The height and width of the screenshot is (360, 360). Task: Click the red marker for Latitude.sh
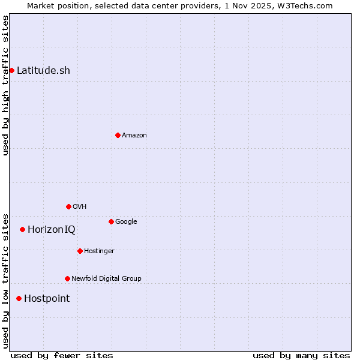tap(11, 70)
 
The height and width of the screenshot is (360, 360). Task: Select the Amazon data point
tap(118, 135)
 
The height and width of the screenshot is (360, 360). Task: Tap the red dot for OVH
tap(68, 206)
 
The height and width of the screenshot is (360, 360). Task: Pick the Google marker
tap(111, 221)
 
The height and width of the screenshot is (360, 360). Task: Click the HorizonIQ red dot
tap(22, 229)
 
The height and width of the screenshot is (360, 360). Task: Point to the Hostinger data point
tap(80, 251)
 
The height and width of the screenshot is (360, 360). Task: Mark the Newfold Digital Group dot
tap(67, 278)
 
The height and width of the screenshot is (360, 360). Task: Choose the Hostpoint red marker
tap(19, 298)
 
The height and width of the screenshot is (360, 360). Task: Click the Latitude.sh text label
tap(43, 70)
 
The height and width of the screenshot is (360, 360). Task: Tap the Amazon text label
tap(134, 135)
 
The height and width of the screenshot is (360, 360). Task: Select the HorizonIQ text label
tap(52, 229)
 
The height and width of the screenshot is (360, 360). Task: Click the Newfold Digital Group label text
tap(106, 278)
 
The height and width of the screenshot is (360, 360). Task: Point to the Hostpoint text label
tap(47, 298)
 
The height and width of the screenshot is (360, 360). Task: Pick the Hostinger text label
tap(99, 251)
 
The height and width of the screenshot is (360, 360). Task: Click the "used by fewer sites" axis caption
tap(62, 355)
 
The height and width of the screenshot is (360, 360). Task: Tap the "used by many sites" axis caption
tap(301, 355)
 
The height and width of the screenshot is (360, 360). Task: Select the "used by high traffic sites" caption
tap(5, 85)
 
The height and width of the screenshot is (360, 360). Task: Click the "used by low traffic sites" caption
tap(5, 281)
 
